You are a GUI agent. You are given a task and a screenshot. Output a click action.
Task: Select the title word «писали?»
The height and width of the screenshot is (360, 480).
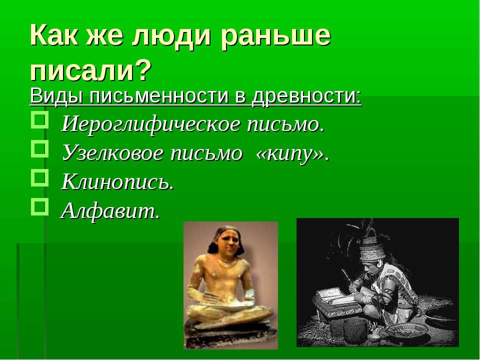click(91, 70)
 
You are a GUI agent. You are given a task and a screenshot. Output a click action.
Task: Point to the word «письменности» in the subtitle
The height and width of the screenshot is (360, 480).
click(159, 96)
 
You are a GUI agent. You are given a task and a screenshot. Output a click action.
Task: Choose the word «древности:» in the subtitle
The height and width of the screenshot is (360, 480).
click(306, 96)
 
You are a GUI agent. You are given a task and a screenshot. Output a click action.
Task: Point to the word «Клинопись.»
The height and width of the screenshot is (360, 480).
click(118, 182)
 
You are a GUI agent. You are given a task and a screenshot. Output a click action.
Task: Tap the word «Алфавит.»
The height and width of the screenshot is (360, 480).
click(110, 211)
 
